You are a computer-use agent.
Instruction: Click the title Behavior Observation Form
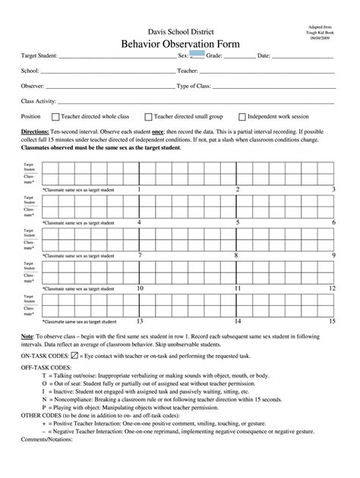click(x=180, y=45)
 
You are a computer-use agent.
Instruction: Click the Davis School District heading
click(x=180, y=31)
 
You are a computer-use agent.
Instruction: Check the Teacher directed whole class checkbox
click(x=55, y=117)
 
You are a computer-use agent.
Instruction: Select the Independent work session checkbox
click(x=242, y=117)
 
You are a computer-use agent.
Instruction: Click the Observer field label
click(x=33, y=86)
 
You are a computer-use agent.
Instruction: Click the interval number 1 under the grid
click(x=140, y=190)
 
